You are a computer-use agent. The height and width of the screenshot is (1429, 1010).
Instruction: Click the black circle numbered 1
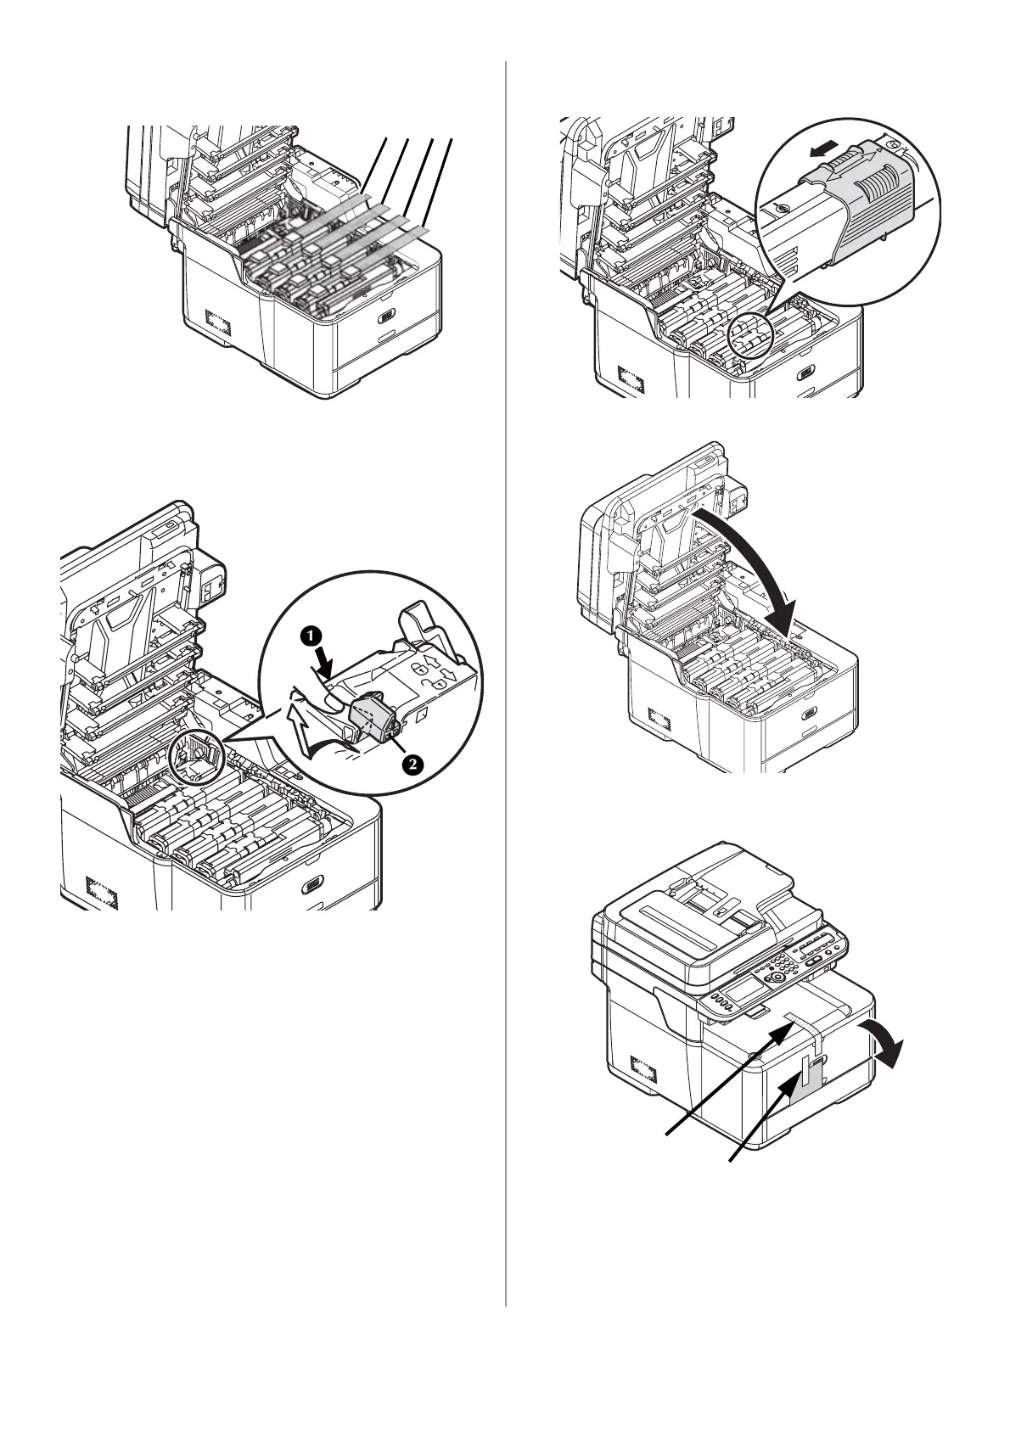(x=313, y=634)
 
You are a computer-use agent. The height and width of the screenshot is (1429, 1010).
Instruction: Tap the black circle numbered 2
(x=411, y=765)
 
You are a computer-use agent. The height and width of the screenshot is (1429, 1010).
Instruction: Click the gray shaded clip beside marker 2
(x=372, y=714)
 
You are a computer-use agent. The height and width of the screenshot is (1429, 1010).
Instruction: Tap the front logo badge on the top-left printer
(x=388, y=315)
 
